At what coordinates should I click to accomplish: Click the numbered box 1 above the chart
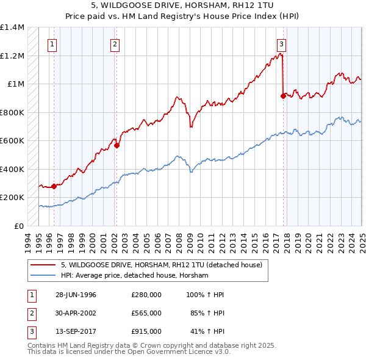coord(52,43)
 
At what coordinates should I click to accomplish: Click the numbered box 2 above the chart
coord(115,43)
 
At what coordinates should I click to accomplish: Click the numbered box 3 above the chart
coord(281,43)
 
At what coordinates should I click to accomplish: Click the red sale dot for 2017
coord(283,96)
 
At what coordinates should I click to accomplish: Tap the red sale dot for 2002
coord(117,145)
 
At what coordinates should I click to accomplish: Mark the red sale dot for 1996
coord(54,186)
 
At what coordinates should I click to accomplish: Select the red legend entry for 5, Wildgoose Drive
coord(161,265)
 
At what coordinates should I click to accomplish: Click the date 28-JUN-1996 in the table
coord(76,295)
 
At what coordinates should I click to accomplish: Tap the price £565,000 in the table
coord(146,313)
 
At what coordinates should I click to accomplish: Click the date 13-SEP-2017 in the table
coord(76,331)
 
